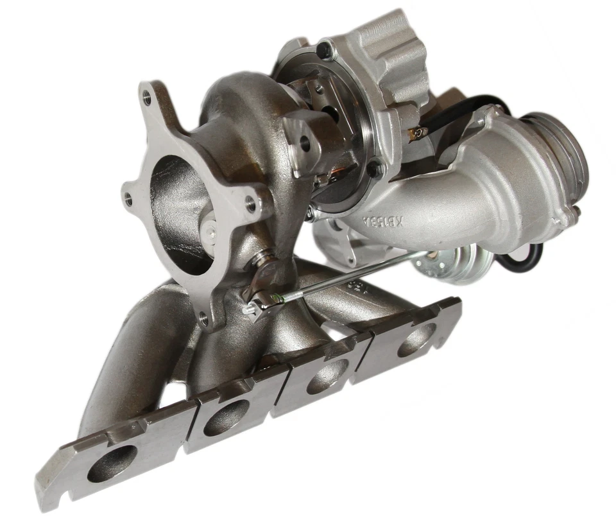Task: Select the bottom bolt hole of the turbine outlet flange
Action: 205,316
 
